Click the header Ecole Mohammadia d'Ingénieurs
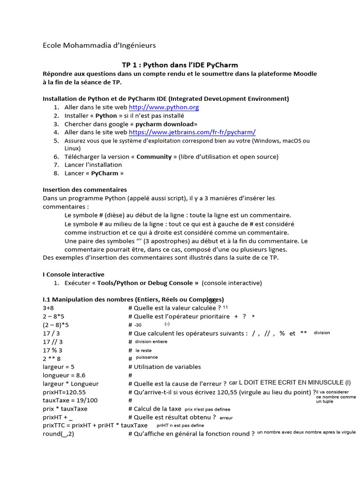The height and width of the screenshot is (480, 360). tap(99, 45)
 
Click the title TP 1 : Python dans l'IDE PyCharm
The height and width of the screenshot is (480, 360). tap(180, 65)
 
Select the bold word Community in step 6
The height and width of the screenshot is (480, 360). tap(154, 157)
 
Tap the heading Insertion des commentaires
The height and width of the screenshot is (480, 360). tap(85, 190)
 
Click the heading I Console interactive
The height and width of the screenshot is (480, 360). tap(74, 275)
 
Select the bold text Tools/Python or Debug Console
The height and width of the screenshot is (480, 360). tap(145, 283)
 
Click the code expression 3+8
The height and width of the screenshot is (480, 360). tap(48, 308)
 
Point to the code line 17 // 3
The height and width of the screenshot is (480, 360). tap(52, 342)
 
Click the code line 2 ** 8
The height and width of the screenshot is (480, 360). tap(52, 359)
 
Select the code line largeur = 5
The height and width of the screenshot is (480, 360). tap(59, 367)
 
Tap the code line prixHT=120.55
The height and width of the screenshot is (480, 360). tap(64, 392)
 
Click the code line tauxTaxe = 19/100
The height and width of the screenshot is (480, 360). tap(71, 401)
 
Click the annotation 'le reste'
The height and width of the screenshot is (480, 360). tap(143, 350)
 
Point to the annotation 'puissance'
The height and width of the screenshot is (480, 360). tap(147, 358)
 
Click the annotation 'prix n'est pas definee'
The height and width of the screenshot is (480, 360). tap(207, 409)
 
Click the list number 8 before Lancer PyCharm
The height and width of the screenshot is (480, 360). tap(56, 173)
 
